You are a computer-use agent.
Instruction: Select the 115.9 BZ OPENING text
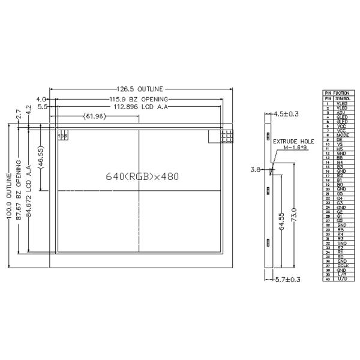(138, 98)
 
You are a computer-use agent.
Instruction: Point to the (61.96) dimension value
(95, 116)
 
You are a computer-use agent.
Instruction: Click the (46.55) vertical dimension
(40, 158)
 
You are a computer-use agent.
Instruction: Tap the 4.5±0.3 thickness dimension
(286, 113)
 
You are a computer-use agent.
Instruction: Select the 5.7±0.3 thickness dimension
(287, 280)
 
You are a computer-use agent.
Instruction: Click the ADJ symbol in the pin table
(340, 112)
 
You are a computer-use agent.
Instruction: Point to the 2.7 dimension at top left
(19, 112)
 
